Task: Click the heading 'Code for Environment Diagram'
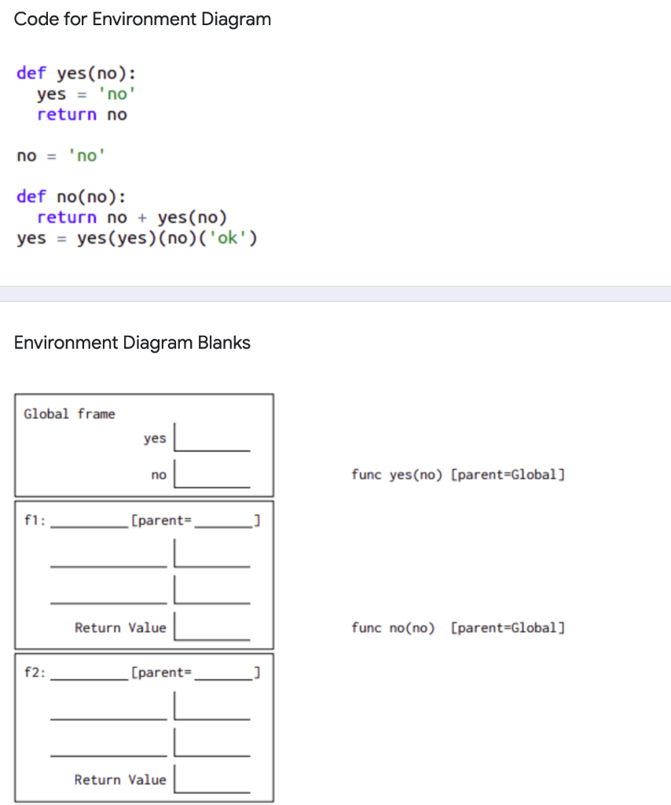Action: pos(142,20)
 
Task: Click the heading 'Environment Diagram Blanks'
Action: pos(132,343)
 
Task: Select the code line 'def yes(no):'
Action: pos(75,74)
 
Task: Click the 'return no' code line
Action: pos(82,115)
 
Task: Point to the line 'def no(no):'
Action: pos(71,197)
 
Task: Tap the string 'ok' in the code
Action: pos(228,237)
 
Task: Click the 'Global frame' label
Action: pos(69,414)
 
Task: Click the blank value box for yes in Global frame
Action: pos(212,438)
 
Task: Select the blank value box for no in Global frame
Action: pos(212,475)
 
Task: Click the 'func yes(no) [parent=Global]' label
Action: pos(458,475)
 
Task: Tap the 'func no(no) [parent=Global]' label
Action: pos(458,627)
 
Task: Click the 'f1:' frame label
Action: pos(35,520)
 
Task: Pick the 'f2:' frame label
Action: pos(35,672)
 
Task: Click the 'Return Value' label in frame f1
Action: pos(120,627)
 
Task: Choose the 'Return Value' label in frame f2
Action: pos(120,780)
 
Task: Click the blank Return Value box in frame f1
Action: pos(212,627)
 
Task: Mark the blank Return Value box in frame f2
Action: pos(212,780)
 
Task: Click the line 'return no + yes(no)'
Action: pos(132,217)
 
